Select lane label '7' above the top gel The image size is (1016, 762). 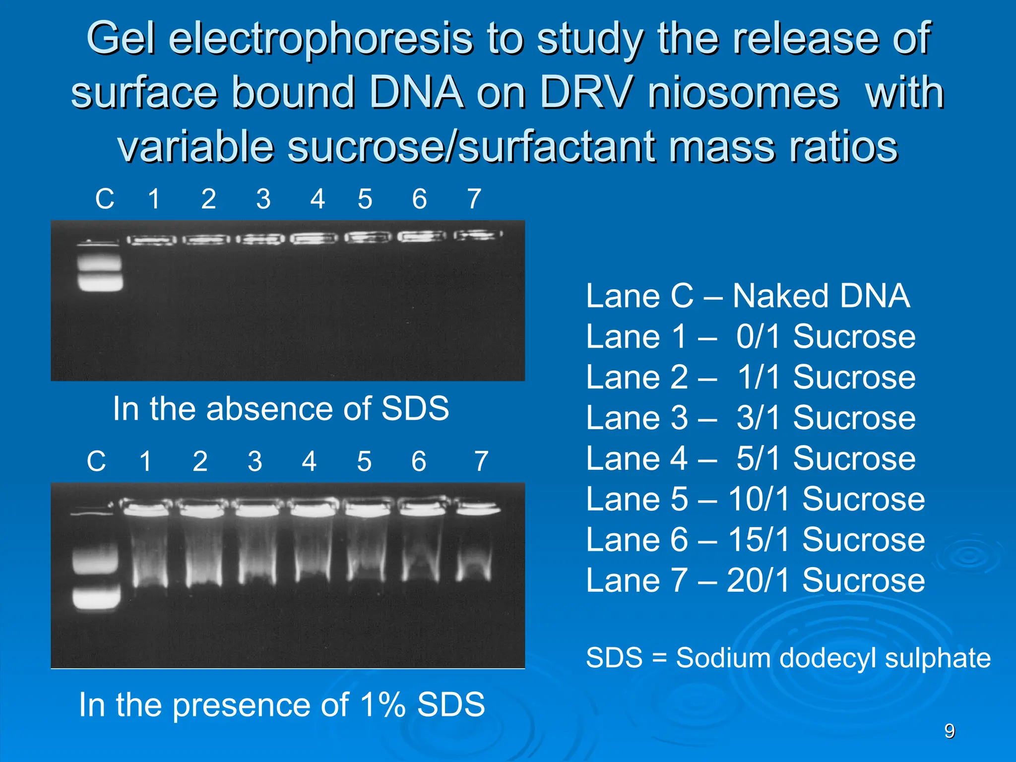click(474, 199)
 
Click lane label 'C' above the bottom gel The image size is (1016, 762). click(96, 461)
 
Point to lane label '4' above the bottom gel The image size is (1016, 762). click(309, 461)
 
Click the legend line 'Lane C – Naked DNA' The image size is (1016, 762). click(748, 296)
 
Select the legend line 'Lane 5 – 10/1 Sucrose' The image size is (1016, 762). click(755, 499)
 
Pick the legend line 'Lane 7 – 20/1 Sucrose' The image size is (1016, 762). click(755, 580)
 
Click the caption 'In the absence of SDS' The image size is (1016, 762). click(281, 409)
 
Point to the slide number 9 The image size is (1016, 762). click(949, 731)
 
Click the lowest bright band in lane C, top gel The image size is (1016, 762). click(100, 283)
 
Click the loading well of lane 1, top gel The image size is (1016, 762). click(151, 241)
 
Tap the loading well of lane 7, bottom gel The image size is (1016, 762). click(478, 508)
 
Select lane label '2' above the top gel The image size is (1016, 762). click(208, 199)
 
